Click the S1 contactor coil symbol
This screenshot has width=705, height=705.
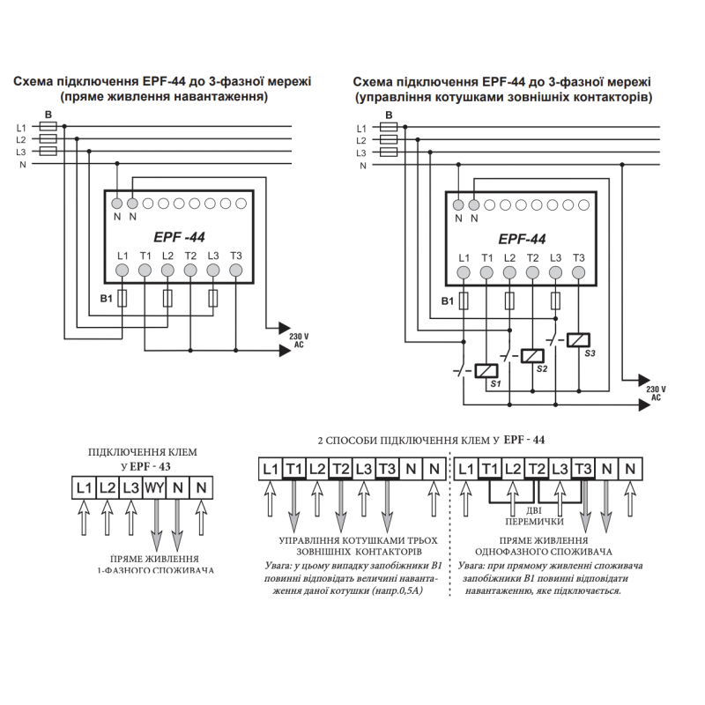pos(486,370)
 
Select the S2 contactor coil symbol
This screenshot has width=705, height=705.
pos(532,356)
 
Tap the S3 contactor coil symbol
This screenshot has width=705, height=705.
pos(578,340)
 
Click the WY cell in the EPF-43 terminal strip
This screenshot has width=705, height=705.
pos(154,488)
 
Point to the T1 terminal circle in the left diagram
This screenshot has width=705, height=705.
pos(145,271)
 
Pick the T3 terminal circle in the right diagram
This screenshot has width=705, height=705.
pos(579,272)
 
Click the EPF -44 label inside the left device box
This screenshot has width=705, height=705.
pos(179,237)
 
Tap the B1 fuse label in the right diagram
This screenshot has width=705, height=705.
pos(448,301)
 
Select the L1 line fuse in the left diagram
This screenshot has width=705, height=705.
pos(48,126)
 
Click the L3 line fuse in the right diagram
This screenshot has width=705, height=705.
pos(389,152)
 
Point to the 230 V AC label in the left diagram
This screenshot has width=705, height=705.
pos(299,340)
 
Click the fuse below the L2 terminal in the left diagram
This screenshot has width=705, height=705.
pos(167,298)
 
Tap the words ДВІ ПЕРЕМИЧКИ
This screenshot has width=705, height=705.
pos(534,516)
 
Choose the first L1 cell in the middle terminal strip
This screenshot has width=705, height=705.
pos(271,469)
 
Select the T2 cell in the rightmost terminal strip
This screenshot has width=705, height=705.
pos(537,469)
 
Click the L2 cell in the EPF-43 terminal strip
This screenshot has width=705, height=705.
pos(108,488)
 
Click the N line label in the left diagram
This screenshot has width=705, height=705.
pos(23,165)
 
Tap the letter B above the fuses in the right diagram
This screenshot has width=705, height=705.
pos(389,115)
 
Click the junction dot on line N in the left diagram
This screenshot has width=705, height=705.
pos(117,164)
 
